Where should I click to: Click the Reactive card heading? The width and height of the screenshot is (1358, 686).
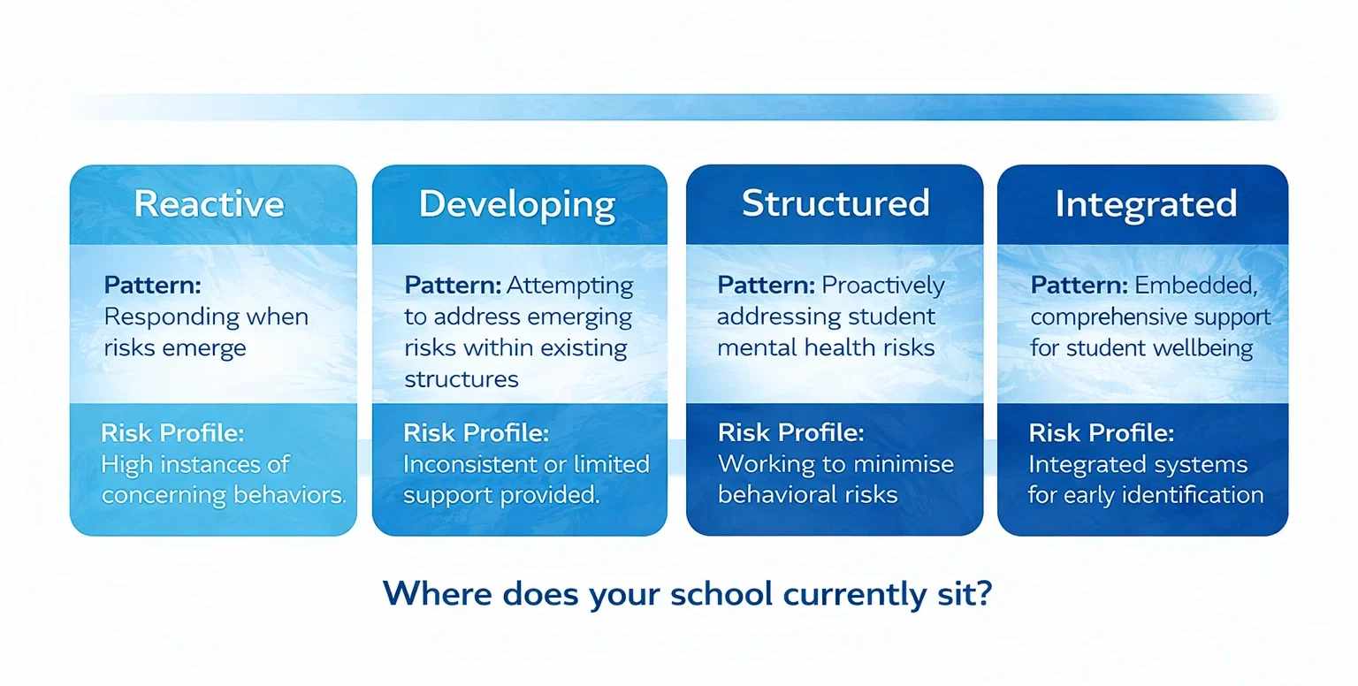pos(209,204)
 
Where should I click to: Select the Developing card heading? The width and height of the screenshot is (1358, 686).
pos(517,204)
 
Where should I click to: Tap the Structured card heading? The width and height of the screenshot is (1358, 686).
pos(835,203)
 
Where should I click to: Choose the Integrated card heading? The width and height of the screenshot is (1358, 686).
pos(1145,204)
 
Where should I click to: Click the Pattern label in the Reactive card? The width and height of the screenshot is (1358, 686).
pos(152,286)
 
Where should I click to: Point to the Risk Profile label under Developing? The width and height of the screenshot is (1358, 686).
pos(476,433)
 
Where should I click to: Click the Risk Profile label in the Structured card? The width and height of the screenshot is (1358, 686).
pos(790,433)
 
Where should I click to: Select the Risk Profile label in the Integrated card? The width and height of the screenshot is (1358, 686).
pos(1101,433)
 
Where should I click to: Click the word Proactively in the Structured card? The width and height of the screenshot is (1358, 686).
pos(883,286)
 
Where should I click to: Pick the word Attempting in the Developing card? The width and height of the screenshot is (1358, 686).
pos(570,286)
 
